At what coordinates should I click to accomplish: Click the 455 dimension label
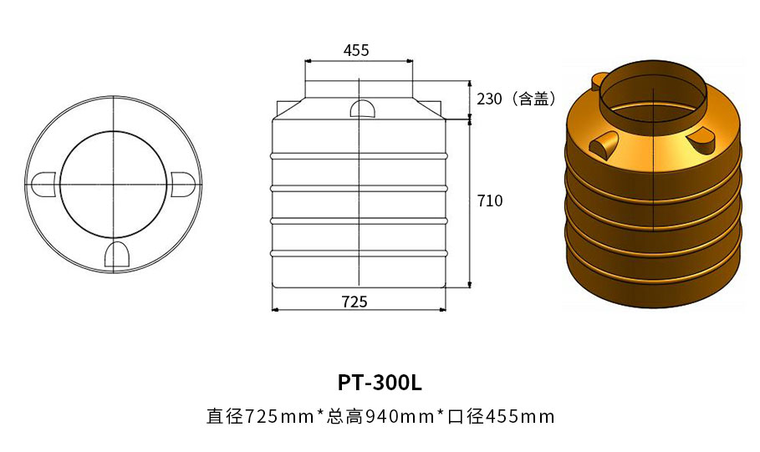coord(356,50)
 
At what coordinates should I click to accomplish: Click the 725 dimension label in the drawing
coord(355,302)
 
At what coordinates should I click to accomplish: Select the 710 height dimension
coord(490,201)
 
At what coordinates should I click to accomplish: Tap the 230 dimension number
coord(489,99)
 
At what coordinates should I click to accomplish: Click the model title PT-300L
coord(380,383)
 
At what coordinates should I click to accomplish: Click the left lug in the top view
coord(43,185)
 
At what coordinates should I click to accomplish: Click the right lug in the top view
coord(182,185)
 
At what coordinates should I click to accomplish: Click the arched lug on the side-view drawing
coord(362,109)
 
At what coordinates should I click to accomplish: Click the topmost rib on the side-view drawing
coord(359,155)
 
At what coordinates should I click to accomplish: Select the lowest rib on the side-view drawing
coord(359,252)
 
